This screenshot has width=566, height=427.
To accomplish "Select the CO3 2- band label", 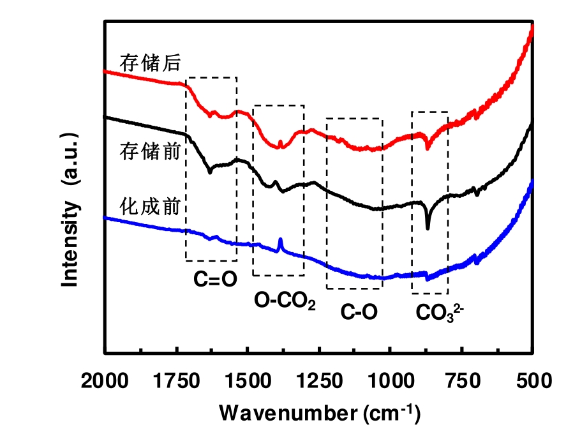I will (x=437, y=311).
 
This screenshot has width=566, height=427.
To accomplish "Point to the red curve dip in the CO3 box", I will (x=428, y=148).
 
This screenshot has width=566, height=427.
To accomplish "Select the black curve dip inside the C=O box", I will (x=210, y=172).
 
